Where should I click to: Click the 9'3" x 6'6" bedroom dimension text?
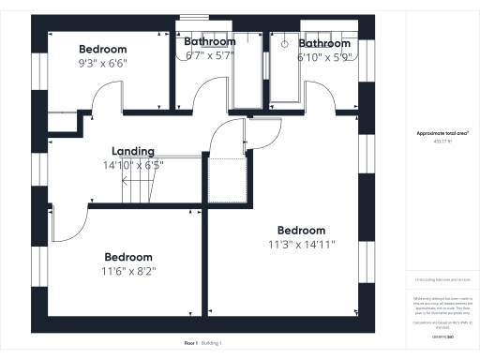[x=103, y=63]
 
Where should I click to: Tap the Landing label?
[x=132, y=151]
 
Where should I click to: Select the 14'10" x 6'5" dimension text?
[x=132, y=165]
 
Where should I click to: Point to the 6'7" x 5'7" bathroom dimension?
[x=209, y=55]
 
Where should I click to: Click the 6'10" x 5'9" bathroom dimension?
[x=323, y=56]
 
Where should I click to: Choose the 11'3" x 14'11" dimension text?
[x=300, y=245]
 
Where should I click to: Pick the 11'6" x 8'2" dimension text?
[x=127, y=271]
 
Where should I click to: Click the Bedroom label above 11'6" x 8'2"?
[x=127, y=257]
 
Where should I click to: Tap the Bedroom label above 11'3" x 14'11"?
[x=300, y=231]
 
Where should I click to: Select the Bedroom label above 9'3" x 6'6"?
[x=103, y=49]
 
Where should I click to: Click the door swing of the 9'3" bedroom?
[x=110, y=96]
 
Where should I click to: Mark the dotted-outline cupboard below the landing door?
[x=226, y=180]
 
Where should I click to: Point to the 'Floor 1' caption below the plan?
[x=191, y=343]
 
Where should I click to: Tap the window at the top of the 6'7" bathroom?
[x=195, y=17]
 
